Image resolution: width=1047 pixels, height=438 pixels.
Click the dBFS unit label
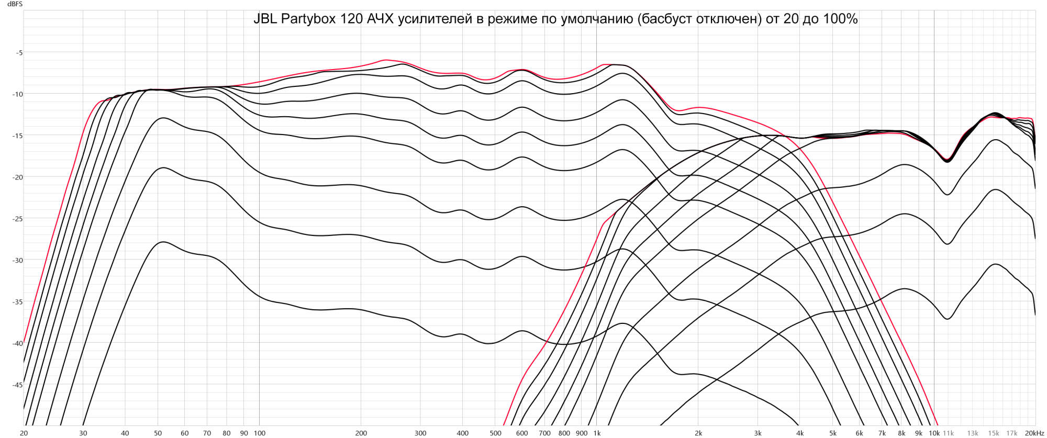pyautogui.click(x=14, y=4)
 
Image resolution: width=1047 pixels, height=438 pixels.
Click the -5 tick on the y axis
pyautogui.click(x=19, y=52)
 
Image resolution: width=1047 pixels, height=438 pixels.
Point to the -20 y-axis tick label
pyautogui.click(x=18, y=177)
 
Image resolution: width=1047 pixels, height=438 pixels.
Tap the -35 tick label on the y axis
pyautogui.click(x=18, y=302)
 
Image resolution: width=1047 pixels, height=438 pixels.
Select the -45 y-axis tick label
pyautogui.click(x=18, y=385)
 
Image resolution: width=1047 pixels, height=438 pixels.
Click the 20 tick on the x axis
pyautogui.click(x=24, y=433)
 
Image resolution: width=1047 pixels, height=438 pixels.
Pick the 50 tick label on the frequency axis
pyautogui.click(x=158, y=433)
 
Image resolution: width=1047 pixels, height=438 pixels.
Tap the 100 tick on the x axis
pyautogui.click(x=260, y=433)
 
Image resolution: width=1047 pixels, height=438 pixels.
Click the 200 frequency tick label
pyautogui.click(x=361, y=433)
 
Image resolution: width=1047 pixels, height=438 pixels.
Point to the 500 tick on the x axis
pyautogui.click(x=495, y=433)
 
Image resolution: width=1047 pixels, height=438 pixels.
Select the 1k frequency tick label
pyautogui.click(x=597, y=433)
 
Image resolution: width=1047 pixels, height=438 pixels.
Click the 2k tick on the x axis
pyautogui.click(x=698, y=433)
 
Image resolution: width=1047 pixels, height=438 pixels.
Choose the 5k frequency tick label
pyautogui.click(x=833, y=433)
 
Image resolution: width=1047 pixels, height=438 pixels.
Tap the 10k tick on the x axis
pyautogui.click(x=934, y=433)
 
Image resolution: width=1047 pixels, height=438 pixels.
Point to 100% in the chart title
pyautogui.click(x=839, y=19)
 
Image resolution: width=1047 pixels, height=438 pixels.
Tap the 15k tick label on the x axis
pyautogui.click(x=994, y=433)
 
